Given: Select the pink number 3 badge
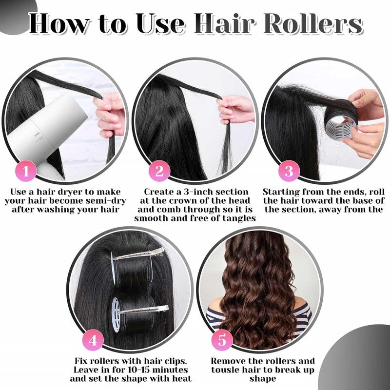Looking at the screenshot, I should pos(289,172).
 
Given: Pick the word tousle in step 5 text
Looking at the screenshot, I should pos(229,370).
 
